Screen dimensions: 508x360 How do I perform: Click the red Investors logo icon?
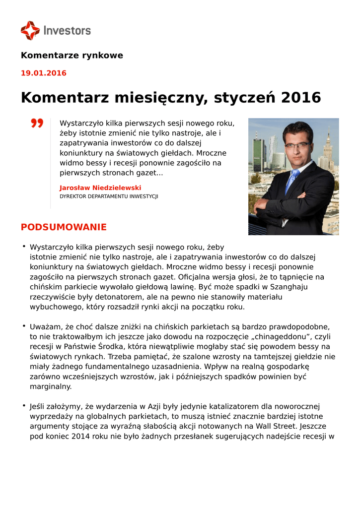pos(30,30)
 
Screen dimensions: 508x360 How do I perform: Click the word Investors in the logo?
pos(67,30)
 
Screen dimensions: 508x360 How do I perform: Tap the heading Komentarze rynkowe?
pos(72,56)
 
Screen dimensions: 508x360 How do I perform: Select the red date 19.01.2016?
pos(43,73)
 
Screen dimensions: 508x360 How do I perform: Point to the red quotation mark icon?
pos(37,123)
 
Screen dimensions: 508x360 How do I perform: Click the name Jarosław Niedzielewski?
pos(100,188)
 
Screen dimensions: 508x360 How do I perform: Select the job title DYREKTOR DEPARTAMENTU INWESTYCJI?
pos(109,196)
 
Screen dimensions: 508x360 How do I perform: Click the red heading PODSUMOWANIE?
pos(64,228)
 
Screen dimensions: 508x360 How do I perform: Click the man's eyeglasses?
pos(297,145)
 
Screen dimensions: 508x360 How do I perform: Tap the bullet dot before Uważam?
pos(23,326)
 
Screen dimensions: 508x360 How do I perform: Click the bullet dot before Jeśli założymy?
pos(23,406)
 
